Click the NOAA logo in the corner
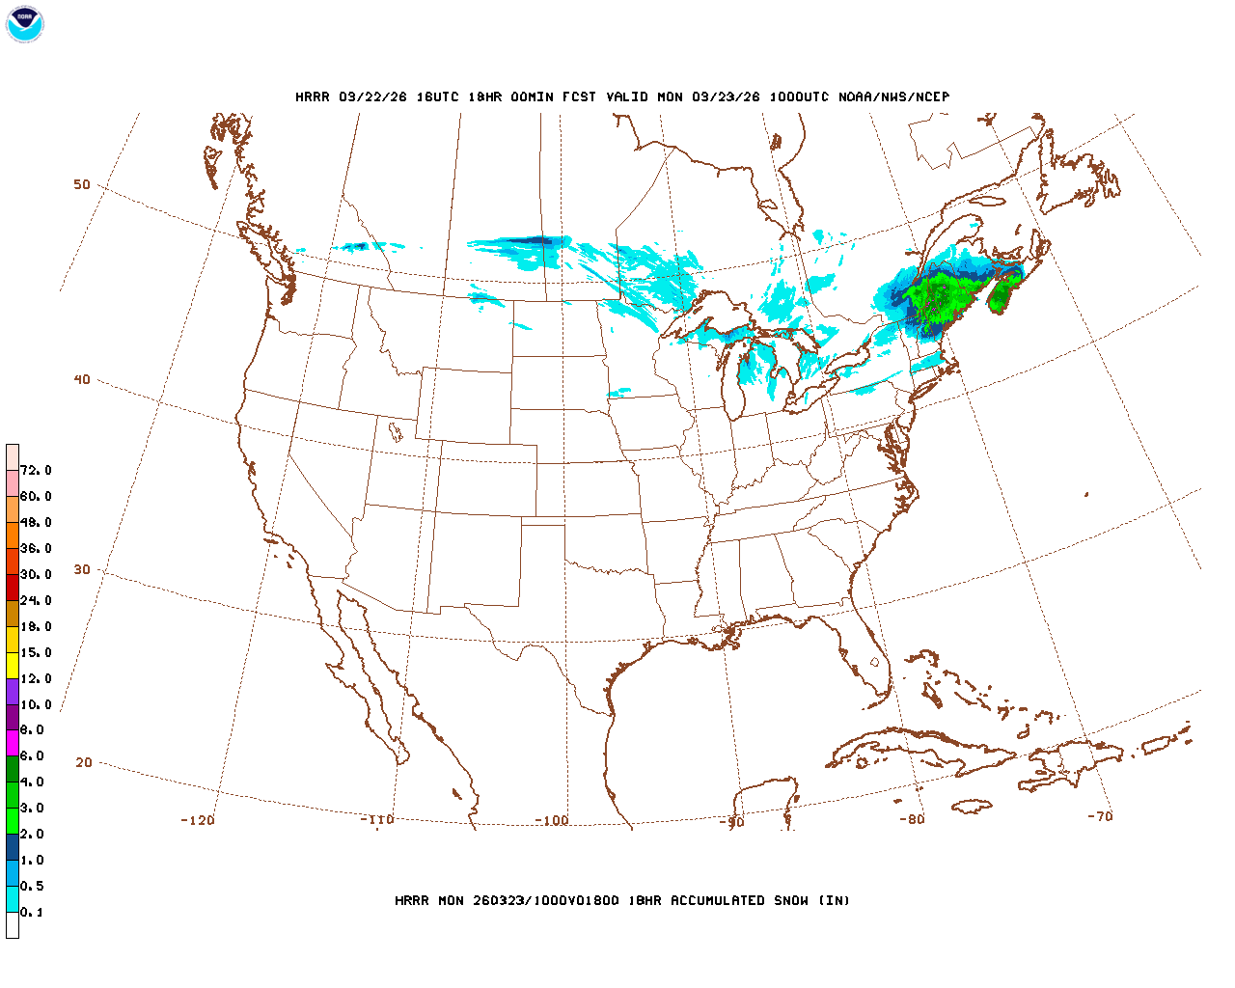(x=24, y=24)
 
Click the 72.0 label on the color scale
(x=36, y=470)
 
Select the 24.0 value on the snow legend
(x=36, y=600)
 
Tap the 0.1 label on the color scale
(x=32, y=912)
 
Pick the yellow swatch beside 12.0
(x=13, y=665)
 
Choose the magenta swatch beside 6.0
(x=13, y=743)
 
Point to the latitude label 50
(x=82, y=184)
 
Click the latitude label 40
(x=82, y=379)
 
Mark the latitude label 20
(x=84, y=762)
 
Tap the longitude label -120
(x=198, y=820)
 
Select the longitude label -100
(x=552, y=820)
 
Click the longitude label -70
(x=1100, y=816)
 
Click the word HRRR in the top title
(x=312, y=96)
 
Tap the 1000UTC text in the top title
(x=799, y=96)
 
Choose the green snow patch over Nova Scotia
(x=1003, y=293)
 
